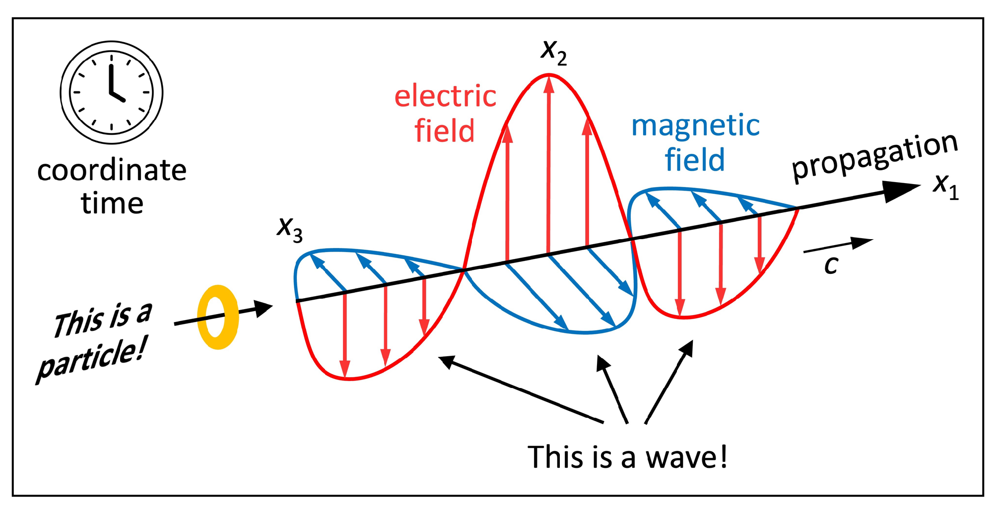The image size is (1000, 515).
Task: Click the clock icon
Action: point(112,92)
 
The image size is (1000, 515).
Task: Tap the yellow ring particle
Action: point(218,318)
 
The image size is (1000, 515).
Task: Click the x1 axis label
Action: point(946,188)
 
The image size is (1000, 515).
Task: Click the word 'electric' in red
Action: point(445,96)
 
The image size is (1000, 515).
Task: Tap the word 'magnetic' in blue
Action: point(695,126)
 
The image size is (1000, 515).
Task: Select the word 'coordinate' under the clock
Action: point(112,170)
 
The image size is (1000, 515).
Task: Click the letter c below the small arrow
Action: point(831,265)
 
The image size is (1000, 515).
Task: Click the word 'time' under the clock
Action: point(112,203)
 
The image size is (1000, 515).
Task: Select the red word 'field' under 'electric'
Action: point(444,131)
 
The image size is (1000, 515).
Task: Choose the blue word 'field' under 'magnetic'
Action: point(695,160)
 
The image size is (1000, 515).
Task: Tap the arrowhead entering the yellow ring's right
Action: point(263,309)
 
